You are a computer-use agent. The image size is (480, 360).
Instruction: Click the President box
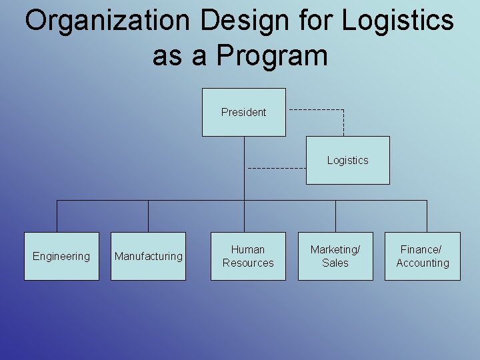tap(244, 112)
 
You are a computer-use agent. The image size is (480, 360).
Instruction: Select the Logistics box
tap(347, 160)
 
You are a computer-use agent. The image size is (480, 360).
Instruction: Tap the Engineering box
tap(61, 256)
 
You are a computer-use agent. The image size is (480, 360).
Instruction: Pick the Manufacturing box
tap(148, 256)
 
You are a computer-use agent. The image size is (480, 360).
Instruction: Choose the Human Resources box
tap(248, 256)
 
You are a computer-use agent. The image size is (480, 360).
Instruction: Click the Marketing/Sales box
tap(335, 256)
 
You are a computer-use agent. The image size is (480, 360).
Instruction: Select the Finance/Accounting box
tap(423, 256)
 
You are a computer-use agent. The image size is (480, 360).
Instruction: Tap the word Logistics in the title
tap(398, 21)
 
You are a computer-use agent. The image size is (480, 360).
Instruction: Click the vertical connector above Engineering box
tap(57, 216)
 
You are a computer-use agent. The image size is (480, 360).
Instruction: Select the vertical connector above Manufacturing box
tap(148, 216)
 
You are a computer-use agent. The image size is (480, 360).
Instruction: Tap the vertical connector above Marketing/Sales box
tap(335, 216)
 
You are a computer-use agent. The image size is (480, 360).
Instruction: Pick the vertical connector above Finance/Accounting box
tap(427, 216)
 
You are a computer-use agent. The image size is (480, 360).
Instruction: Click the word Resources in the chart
tap(248, 263)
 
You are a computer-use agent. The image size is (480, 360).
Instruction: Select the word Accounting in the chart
tap(423, 263)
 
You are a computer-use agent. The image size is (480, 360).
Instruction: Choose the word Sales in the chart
tap(335, 263)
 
